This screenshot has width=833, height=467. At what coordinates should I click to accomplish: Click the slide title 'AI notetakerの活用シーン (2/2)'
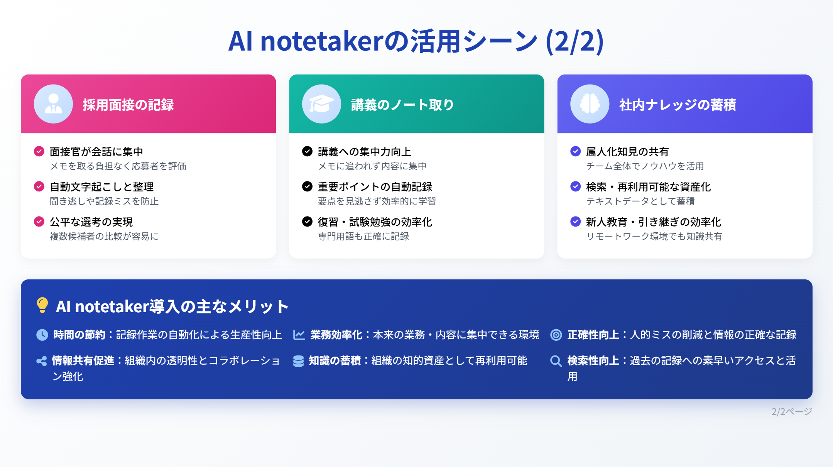click(x=416, y=41)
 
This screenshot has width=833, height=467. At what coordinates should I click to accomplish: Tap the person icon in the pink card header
click(x=53, y=104)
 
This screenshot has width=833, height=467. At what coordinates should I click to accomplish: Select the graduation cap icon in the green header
click(x=321, y=104)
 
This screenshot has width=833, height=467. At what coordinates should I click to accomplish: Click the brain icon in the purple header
click(x=590, y=104)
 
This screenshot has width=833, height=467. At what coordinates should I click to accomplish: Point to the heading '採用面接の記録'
click(x=128, y=105)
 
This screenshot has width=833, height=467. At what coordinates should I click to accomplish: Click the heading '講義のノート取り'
click(x=402, y=105)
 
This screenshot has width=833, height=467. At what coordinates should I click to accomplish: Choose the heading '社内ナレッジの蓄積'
click(x=678, y=105)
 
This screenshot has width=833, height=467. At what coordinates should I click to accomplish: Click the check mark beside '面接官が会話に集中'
click(x=39, y=151)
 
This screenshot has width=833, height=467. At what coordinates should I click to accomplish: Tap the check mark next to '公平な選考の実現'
click(x=39, y=222)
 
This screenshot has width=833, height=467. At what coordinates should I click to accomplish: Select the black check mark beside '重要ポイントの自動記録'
click(x=307, y=186)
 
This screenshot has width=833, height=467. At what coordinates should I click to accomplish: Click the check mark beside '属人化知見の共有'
click(x=575, y=151)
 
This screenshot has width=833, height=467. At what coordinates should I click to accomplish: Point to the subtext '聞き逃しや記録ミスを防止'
click(x=104, y=201)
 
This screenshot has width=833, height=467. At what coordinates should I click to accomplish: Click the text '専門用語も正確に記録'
click(x=363, y=236)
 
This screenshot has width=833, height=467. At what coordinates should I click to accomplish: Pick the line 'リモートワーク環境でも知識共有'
click(x=654, y=236)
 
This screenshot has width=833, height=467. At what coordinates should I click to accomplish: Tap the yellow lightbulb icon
click(x=42, y=305)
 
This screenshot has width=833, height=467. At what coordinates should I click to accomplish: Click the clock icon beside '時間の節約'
click(x=42, y=335)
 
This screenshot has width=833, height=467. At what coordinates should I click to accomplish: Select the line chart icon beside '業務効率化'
click(x=299, y=335)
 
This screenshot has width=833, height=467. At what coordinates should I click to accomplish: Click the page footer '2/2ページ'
click(x=792, y=411)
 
